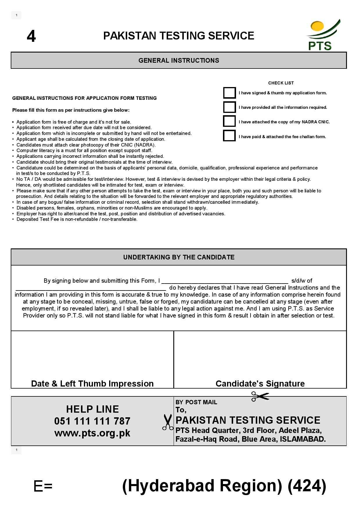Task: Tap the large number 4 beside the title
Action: [x=31, y=37]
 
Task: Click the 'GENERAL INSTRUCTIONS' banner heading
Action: [x=179, y=60]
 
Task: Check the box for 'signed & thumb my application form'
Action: [x=229, y=93]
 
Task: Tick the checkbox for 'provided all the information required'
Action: [x=229, y=107]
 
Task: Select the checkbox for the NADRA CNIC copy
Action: [x=229, y=121]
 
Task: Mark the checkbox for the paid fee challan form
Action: [x=229, y=136]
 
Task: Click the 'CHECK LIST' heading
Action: [x=281, y=83]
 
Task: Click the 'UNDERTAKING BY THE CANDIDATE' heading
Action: [x=179, y=257]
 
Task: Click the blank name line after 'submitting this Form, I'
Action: [x=225, y=281]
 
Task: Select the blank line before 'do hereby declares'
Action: [x=91, y=288]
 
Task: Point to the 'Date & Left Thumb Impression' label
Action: [x=92, y=383]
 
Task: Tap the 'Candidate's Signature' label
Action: [x=260, y=383]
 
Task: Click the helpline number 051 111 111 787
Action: [x=92, y=421]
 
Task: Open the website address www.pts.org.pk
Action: [x=92, y=433]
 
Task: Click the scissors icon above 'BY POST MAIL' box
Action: [x=260, y=396]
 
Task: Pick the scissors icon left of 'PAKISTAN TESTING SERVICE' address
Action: [x=167, y=422]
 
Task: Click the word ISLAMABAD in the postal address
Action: [x=303, y=439]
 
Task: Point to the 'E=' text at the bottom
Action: [x=43, y=486]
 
